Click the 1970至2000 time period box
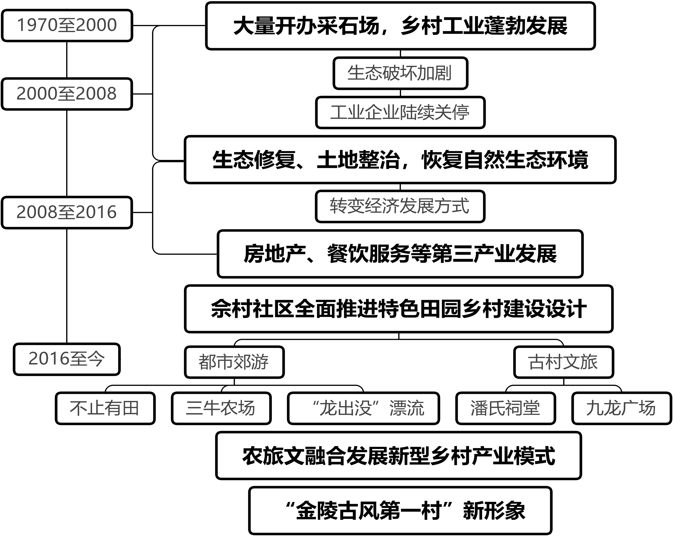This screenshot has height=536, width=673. [x=67, y=26]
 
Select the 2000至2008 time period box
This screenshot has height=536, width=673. [x=67, y=94]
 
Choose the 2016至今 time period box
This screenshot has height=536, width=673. [x=67, y=359]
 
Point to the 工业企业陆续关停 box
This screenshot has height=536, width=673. [x=400, y=113]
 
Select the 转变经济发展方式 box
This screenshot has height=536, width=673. [x=400, y=206]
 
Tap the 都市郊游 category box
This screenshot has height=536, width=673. [x=234, y=362]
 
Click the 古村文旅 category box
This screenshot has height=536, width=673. [x=563, y=362]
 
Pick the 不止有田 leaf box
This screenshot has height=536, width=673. [x=105, y=408]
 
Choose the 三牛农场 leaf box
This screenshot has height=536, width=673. [x=221, y=408]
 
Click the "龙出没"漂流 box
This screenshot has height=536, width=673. [x=363, y=408]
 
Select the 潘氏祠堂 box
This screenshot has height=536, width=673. [x=505, y=408]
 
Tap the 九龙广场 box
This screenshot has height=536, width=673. [x=622, y=408]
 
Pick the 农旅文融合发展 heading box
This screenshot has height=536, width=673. [x=399, y=456]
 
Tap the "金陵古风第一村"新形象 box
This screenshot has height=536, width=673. [x=400, y=511]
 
